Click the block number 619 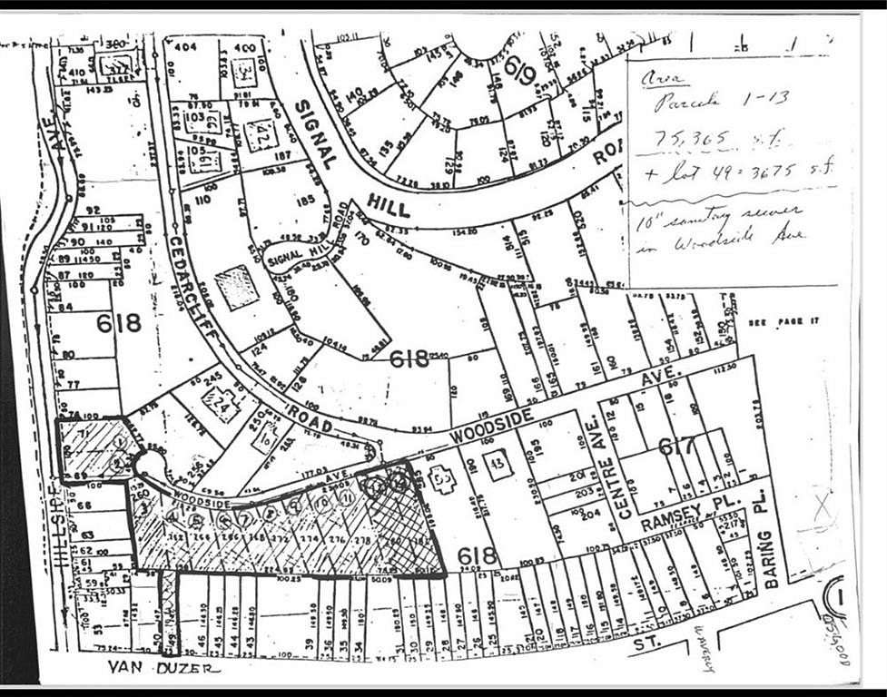518,64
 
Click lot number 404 186,46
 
